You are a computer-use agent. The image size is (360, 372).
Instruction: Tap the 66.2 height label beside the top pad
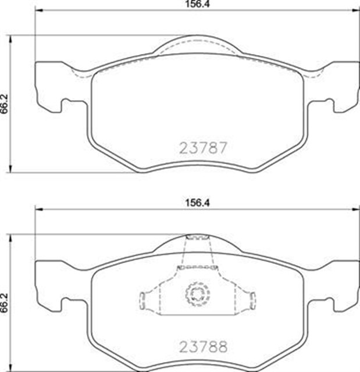[x=5, y=102]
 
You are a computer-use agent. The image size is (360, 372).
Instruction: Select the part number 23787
[x=198, y=148]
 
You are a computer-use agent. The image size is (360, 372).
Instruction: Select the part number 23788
[x=198, y=345]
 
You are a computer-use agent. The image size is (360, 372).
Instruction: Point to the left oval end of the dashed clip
[x=142, y=299]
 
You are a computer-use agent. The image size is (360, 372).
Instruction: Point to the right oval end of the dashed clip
[x=253, y=299]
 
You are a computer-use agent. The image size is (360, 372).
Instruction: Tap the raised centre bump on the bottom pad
[x=198, y=244]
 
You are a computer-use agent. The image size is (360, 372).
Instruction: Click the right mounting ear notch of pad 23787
[x=330, y=106]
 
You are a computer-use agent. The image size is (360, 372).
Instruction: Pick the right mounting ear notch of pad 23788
[x=330, y=303]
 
